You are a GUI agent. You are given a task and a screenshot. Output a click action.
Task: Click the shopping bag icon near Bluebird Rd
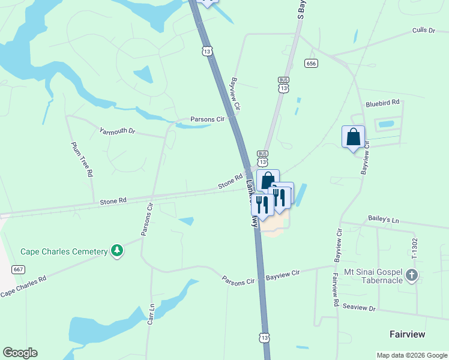click(353, 137)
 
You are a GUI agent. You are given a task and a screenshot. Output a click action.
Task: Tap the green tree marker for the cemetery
click(118, 251)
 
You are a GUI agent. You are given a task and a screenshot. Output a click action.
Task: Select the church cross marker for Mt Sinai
click(411, 275)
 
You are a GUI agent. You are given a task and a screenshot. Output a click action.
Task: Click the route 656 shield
click(311, 64)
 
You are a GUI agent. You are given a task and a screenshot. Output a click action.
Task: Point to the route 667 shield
click(18, 270)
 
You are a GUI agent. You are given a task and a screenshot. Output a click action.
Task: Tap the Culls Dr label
click(423, 30)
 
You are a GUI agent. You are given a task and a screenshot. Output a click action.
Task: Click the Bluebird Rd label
click(382, 103)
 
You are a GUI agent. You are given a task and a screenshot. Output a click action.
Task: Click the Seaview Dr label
click(359, 308)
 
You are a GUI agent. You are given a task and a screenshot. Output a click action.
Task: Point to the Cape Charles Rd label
click(23, 287)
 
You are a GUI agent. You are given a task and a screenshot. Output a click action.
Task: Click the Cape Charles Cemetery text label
click(64, 251)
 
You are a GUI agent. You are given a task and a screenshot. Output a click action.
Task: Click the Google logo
click(20, 353)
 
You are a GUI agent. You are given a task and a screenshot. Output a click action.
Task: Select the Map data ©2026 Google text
click(411, 355)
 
